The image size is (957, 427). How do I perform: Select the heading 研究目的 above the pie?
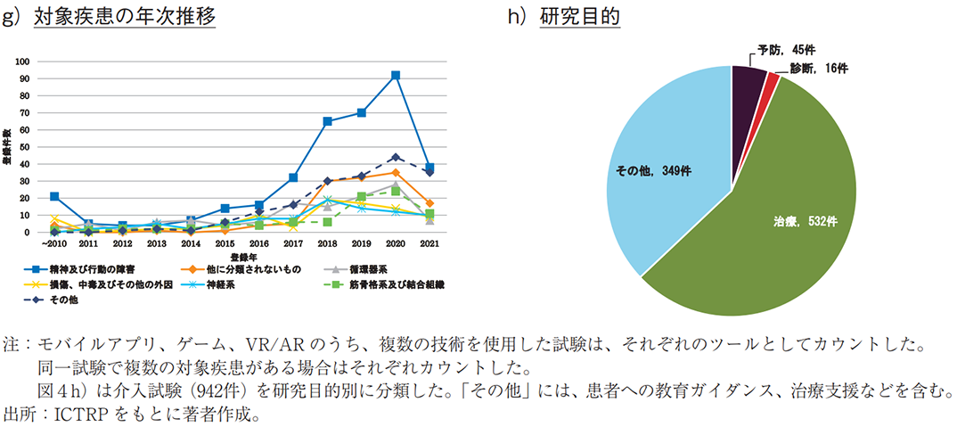click(580, 17)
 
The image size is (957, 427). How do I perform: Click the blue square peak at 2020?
click(395, 76)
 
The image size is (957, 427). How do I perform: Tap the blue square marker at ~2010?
click(54, 196)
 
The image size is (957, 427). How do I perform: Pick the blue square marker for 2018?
click(327, 121)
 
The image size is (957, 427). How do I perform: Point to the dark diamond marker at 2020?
click(395, 157)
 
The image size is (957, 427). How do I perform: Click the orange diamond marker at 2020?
click(395, 172)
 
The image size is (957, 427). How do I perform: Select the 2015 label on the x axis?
click(225, 243)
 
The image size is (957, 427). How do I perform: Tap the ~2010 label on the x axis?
click(53, 243)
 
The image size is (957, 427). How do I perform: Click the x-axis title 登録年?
click(225, 256)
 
